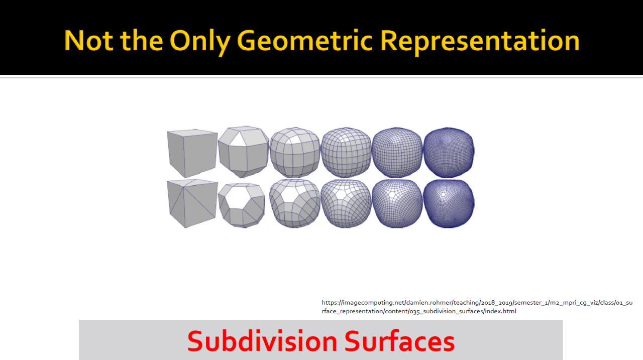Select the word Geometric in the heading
pyautogui.click(x=304, y=41)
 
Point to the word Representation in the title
pyautogui.click(x=480, y=42)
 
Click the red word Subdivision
pyautogui.click(x=262, y=341)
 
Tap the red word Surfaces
pyautogui.click(x=399, y=341)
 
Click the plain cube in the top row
pyautogui.click(x=192, y=153)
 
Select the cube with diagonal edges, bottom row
pyautogui.click(x=192, y=203)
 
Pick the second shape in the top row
pyautogui.click(x=244, y=152)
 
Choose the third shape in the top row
pyautogui.click(x=295, y=152)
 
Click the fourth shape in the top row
pyautogui.click(x=346, y=152)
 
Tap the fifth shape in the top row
pyautogui.click(x=397, y=152)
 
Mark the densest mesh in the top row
pyautogui.click(x=449, y=152)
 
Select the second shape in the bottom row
pyautogui.click(x=242, y=205)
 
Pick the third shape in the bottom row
pyautogui.click(x=295, y=203)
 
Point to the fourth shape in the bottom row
pyautogui.click(x=346, y=204)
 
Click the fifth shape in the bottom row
pyautogui.click(x=397, y=204)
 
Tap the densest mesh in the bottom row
pyautogui.click(x=449, y=204)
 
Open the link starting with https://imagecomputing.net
pyautogui.click(x=477, y=307)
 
